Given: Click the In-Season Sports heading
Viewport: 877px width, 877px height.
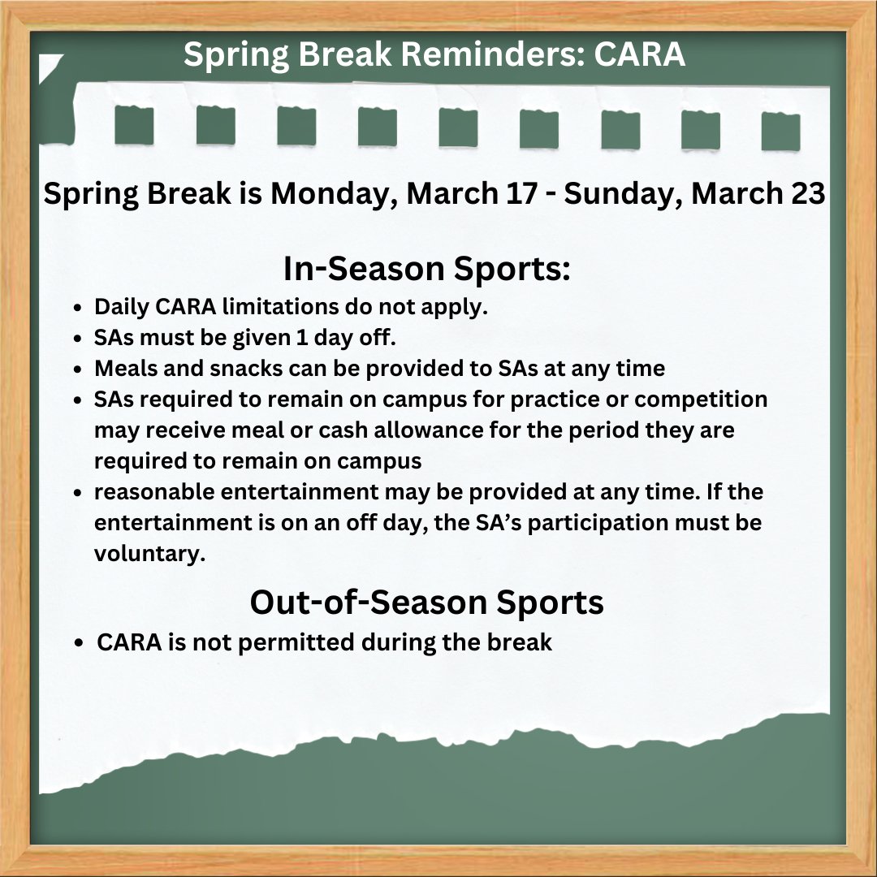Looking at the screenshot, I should (x=426, y=270).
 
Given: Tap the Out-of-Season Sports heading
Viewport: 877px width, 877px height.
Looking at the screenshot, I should (x=426, y=602).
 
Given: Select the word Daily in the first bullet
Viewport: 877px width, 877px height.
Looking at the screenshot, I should (x=120, y=309).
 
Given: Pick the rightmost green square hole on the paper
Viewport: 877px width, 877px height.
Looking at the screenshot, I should (x=780, y=131).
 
